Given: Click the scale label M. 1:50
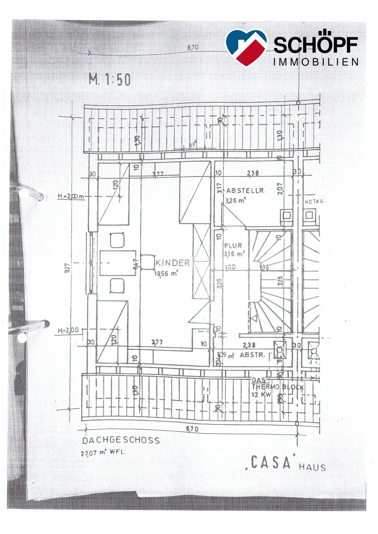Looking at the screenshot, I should tap(110, 80).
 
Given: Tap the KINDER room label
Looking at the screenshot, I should tap(173, 263).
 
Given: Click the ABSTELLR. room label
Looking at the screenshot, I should tap(245, 191).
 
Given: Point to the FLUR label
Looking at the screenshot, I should tap(233, 246).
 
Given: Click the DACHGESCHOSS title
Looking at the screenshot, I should tap(121, 440).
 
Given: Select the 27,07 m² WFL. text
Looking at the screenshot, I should tap(103, 452).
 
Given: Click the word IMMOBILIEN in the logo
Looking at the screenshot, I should tap(316, 62).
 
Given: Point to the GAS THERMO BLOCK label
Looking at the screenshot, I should tap(277, 387).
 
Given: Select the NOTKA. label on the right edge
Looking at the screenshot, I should tap(315, 202).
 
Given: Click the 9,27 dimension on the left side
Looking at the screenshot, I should tap(69, 268).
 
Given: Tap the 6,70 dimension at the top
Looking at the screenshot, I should tap(193, 47).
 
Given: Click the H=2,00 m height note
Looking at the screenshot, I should tap(71, 196).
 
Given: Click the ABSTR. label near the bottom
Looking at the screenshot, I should tap(252, 355).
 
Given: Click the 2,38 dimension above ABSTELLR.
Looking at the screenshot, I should tap(253, 173).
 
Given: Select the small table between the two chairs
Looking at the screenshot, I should tap(118, 263).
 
